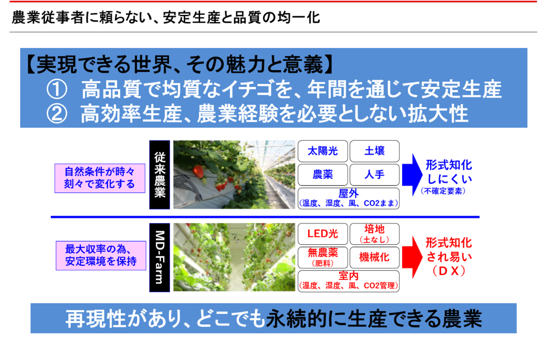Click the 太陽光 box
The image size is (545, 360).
(x=322, y=151)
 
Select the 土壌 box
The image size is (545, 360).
(x=374, y=151)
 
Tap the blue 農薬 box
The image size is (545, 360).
(x=322, y=174)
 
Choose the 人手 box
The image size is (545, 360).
(x=374, y=174)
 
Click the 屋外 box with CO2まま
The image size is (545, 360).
(x=349, y=198)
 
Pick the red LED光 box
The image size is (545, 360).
(x=322, y=234)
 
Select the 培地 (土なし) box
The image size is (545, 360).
(x=374, y=234)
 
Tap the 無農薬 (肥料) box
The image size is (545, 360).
(x=322, y=257)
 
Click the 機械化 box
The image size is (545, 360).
(x=374, y=257)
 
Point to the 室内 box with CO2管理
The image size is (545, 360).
(x=349, y=281)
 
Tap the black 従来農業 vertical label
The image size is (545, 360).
(x=159, y=174)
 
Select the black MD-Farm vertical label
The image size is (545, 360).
(x=159, y=257)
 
